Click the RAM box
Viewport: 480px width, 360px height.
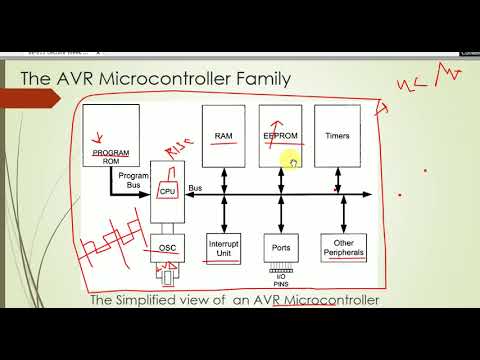pyautogui.click(x=224, y=136)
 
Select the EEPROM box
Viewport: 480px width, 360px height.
pyautogui.click(x=280, y=136)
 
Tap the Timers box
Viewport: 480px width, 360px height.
pyautogui.click(x=337, y=136)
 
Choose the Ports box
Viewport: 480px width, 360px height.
pyautogui.click(x=281, y=247)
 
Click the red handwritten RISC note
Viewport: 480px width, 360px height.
pyautogui.click(x=179, y=151)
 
